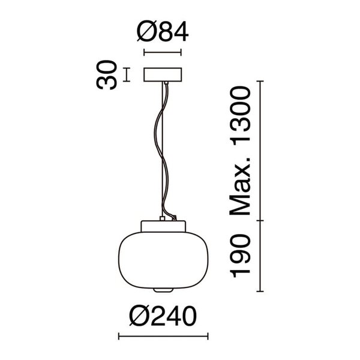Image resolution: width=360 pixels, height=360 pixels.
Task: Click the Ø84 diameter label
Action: coord(163,31)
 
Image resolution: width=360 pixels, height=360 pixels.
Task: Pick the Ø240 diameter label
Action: coord(163,316)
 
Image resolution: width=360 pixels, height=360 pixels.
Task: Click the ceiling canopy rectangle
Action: coord(162,74)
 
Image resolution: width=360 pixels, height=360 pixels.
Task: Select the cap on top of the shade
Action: coord(162,226)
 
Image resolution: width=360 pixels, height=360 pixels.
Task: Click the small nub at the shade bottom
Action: coord(162,291)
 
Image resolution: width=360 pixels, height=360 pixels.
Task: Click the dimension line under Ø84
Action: coord(162,53)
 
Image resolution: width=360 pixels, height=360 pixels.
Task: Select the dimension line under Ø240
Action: coord(163,336)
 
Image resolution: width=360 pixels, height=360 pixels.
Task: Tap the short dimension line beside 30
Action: coord(127,74)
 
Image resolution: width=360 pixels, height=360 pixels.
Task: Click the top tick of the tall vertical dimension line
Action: coord(260,80)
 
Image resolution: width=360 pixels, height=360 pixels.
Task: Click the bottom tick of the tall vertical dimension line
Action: coord(260,292)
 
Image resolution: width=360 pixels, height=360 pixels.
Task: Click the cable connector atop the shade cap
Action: coord(163,218)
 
